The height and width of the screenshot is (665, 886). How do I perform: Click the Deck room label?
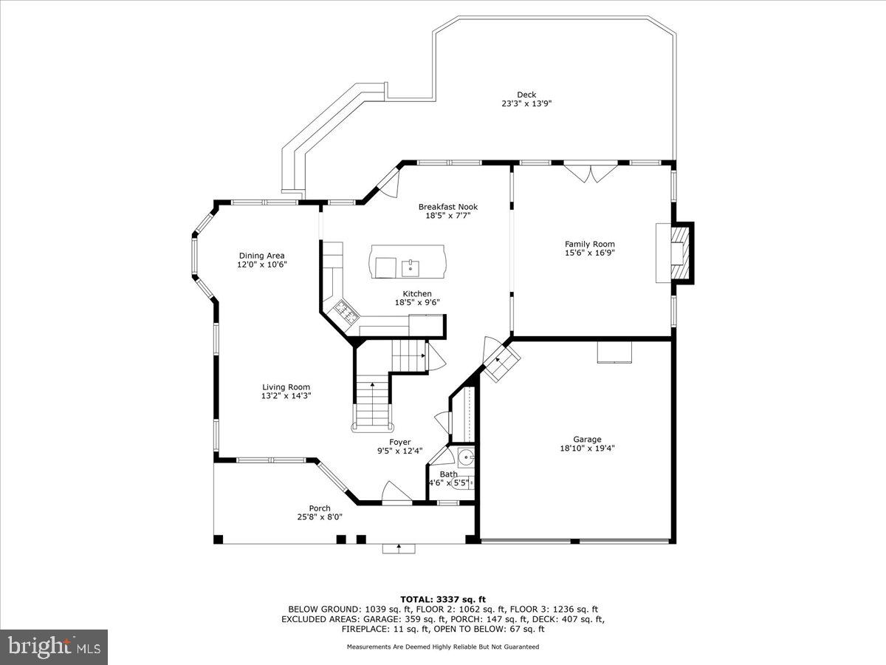(526, 94)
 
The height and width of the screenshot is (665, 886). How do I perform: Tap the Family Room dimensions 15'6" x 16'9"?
(589, 253)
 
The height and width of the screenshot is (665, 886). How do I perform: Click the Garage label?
(587, 439)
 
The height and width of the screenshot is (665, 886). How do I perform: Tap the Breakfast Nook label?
(447, 207)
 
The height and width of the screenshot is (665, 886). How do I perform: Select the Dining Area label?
(261, 256)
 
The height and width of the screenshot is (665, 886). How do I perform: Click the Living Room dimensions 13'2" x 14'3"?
(286, 395)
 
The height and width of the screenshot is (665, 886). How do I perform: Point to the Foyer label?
(400, 442)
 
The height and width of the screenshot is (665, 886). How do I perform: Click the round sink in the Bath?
(466, 456)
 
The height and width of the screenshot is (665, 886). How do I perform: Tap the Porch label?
(320, 508)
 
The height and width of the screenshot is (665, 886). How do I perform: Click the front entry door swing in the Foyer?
(396, 493)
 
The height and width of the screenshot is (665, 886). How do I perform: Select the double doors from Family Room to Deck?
(588, 172)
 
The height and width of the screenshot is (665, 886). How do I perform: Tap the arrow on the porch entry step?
(399, 548)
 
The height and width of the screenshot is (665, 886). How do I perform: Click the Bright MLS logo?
(54, 647)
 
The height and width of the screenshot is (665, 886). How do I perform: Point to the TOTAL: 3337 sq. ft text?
(442, 598)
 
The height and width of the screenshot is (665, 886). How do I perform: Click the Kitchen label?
(417, 293)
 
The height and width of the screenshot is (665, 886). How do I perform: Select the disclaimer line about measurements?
(442, 647)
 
